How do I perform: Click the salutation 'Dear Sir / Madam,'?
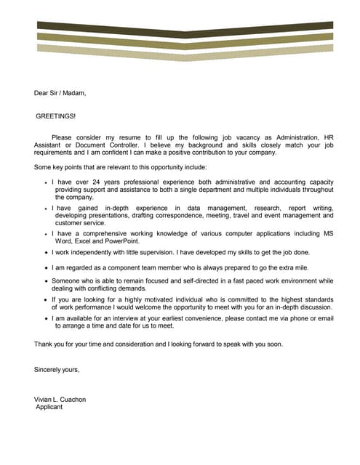click(60, 93)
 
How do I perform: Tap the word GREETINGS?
click(55, 116)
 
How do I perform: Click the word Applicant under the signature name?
click(49, 407)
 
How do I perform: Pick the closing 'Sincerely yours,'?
click(57, 370)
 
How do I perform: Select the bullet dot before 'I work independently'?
click(47, 253)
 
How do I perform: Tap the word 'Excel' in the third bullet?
click(81, 240)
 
